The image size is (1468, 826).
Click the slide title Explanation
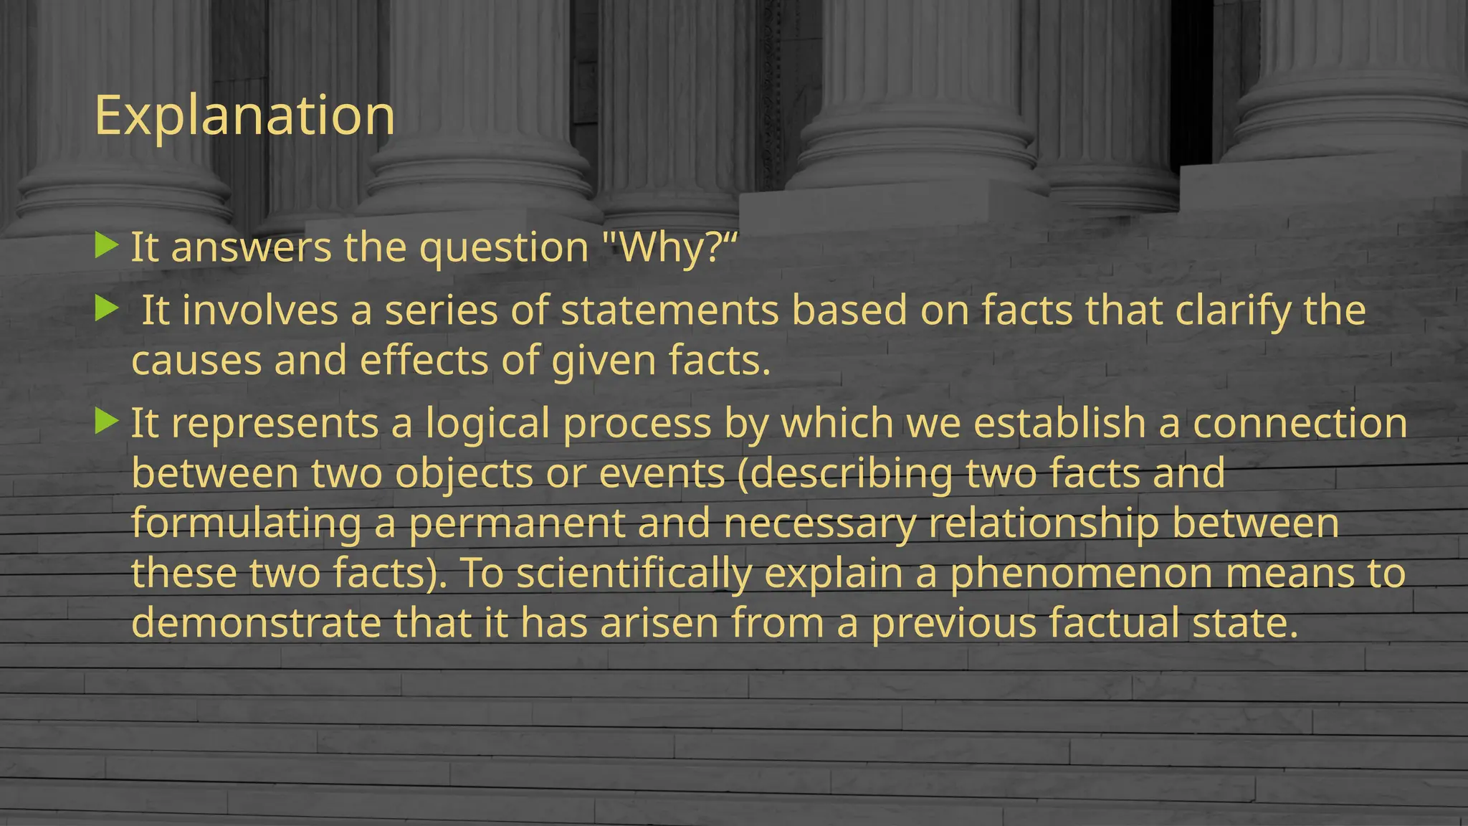244,115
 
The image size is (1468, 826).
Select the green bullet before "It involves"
106,309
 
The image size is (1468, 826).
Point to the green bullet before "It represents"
106,421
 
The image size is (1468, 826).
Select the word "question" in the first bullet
503,248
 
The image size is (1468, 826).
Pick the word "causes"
196,361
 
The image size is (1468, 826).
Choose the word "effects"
424,361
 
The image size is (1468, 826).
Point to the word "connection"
1300,423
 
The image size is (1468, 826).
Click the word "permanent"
517,524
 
